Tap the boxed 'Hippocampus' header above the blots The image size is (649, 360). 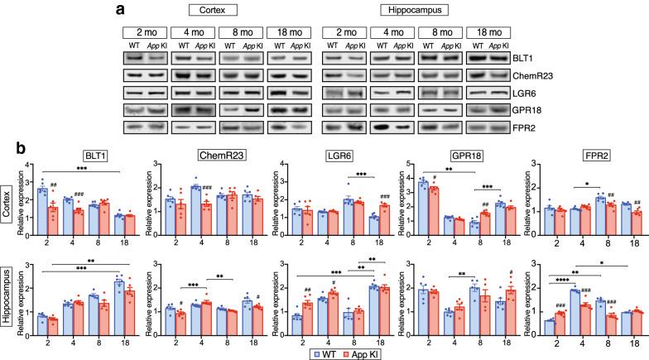[416, 12]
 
